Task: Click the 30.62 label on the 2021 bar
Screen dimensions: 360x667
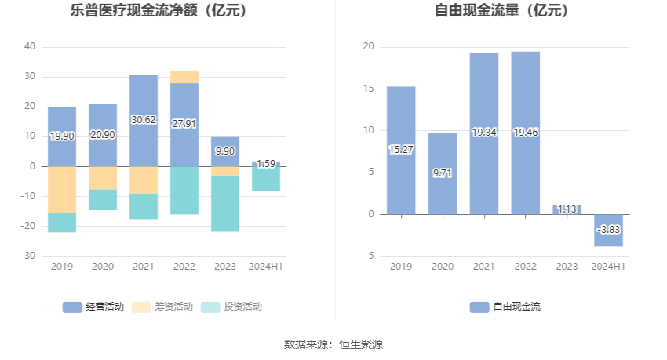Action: tap(143, 120)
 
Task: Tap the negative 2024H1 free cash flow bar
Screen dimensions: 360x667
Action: tap(608, 230)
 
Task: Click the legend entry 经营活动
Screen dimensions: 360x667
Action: tap(93, 307)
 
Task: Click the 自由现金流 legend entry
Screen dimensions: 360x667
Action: tap(505, 307)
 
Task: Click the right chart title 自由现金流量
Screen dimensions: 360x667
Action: tap(501, 11)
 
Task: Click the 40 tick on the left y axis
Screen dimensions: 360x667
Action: tap(30, 46)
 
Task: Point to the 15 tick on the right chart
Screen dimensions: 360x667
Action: tap(369, 89)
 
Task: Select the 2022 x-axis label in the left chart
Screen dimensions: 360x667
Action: tap(184, 267)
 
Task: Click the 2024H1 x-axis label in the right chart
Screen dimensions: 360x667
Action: tap(608, 267)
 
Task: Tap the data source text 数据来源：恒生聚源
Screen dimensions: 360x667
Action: tap(333, 344)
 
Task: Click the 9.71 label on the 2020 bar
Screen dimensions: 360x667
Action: tap(443, 173)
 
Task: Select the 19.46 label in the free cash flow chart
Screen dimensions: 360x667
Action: tap(525, 133)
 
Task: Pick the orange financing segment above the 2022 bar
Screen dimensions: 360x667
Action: tap(184, 76)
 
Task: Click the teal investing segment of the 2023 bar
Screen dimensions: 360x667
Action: tap(224, 203)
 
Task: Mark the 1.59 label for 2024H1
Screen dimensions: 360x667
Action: tap(266, 164)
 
